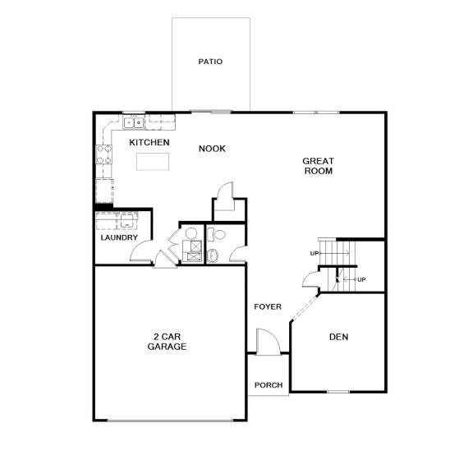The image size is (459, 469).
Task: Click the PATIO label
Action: (210, 62)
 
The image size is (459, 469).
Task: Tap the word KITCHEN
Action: (149, 143)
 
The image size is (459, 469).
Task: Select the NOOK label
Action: (212, 149)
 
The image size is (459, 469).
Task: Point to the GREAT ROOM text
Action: (318, 166)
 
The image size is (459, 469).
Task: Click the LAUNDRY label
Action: (118, 238)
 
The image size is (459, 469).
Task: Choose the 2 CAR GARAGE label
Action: (167, 342)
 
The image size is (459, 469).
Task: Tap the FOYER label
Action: (268, 306)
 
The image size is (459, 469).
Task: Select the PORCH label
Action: (268, 385)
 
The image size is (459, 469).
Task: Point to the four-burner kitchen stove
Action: (104, 154)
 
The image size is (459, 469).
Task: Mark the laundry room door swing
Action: (140, 251)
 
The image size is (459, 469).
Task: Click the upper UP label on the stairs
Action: (314, 253)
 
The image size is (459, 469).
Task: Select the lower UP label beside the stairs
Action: (361, 279)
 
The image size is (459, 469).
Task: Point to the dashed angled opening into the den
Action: (306, 308)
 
